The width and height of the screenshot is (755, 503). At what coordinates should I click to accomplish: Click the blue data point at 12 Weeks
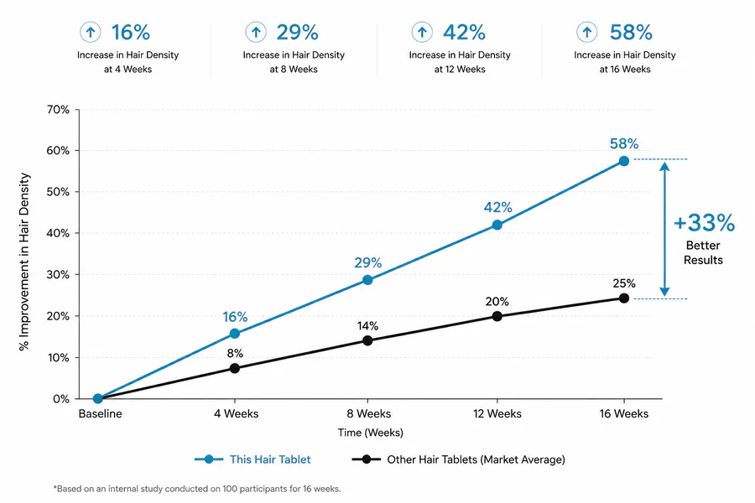497,225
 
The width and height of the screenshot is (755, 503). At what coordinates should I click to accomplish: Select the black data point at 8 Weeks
367,341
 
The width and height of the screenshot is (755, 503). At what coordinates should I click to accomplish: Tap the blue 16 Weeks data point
623,161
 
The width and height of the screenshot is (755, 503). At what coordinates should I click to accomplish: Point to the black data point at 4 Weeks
235,368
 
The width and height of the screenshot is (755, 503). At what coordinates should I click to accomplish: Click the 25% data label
623,283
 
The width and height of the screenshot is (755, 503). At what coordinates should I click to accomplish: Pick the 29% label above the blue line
368,262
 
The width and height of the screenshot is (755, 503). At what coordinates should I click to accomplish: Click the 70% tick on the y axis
58,110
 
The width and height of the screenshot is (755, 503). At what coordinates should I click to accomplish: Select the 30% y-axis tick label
58,275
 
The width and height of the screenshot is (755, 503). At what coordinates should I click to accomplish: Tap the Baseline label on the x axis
100,413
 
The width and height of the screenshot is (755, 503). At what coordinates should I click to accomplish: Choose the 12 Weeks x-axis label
497,413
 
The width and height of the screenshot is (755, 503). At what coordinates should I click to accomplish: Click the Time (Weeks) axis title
370,433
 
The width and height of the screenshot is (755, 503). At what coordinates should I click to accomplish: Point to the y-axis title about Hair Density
24,262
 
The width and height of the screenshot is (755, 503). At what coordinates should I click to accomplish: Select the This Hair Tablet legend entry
253,459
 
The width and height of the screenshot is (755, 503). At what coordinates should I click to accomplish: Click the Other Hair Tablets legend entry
458,459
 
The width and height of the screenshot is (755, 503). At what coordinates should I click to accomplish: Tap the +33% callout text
704,223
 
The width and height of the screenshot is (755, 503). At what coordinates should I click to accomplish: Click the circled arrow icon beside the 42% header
422,32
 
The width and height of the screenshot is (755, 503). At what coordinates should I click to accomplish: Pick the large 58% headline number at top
631,32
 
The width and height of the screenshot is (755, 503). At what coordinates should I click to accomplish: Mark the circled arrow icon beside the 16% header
90,32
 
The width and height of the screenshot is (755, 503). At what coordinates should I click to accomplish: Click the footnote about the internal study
197,489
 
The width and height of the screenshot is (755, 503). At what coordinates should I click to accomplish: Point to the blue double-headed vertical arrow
664,229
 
